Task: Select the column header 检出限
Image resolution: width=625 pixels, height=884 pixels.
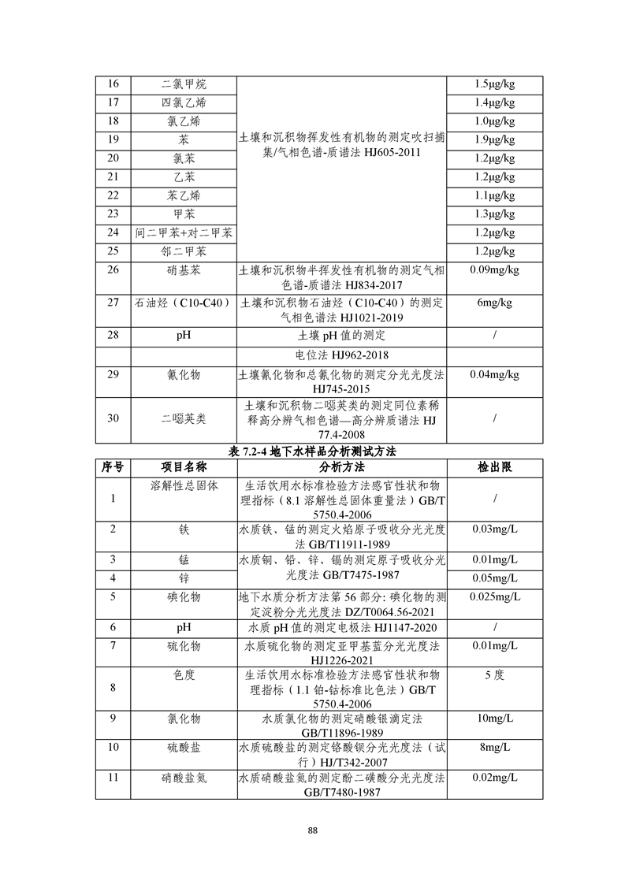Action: [494, 467]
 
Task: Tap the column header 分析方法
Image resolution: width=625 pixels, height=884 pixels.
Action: [341, 467]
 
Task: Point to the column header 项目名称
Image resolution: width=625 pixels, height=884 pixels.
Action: [184, 467]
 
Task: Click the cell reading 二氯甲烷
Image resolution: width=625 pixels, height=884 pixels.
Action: [184, 84]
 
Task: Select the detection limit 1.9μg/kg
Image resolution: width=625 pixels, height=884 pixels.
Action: [494, 139]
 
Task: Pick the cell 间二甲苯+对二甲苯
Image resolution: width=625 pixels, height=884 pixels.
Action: [184, 232]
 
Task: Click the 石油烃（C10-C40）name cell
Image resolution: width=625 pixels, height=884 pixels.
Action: [184, 302]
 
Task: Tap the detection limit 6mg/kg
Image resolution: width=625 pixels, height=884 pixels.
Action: [494, 302]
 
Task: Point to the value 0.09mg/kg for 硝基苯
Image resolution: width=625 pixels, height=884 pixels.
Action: [494, 270]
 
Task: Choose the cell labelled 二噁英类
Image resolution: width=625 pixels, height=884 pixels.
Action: [184, 418]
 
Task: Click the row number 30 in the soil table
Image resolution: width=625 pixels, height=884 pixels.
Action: [113, 418]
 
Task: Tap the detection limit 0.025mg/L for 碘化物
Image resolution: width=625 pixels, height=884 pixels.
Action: [494, 596]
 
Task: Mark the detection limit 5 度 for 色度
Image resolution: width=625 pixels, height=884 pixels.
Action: [494, 675]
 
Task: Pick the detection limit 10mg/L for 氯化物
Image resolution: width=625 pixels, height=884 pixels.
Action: [494, 719]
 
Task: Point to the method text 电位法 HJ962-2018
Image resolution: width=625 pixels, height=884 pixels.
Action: [341, 355]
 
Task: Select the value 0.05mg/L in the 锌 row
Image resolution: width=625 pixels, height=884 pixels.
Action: [494, 579]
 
